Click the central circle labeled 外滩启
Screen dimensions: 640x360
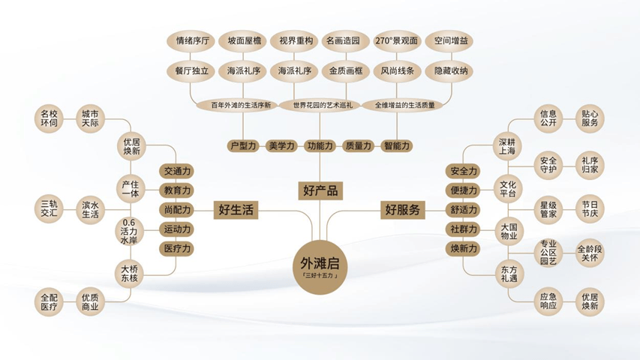click(320, 267)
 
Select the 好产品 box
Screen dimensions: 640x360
click(320, 190)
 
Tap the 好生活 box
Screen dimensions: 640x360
click(236, 210)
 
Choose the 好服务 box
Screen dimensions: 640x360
click(402, 210)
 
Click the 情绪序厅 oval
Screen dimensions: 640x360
click(192, 40)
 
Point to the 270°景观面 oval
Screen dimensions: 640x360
click(397, 40)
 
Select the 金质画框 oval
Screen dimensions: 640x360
click(346, 71)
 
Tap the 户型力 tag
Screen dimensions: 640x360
click(243, 145)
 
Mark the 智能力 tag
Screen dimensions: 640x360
click(397, 145)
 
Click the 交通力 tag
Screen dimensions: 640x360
click(177, 172)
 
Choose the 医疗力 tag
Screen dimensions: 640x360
click(177, 248)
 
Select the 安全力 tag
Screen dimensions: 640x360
click(464, 172)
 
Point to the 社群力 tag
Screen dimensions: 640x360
click(464, 229)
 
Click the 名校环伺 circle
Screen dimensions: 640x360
click(49, 118)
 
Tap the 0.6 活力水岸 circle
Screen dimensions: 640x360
click(129, 232)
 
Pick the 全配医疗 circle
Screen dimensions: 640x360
click(49, 301)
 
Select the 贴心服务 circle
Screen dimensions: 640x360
click(590, 118)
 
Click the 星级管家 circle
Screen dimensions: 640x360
click(548, 209)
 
